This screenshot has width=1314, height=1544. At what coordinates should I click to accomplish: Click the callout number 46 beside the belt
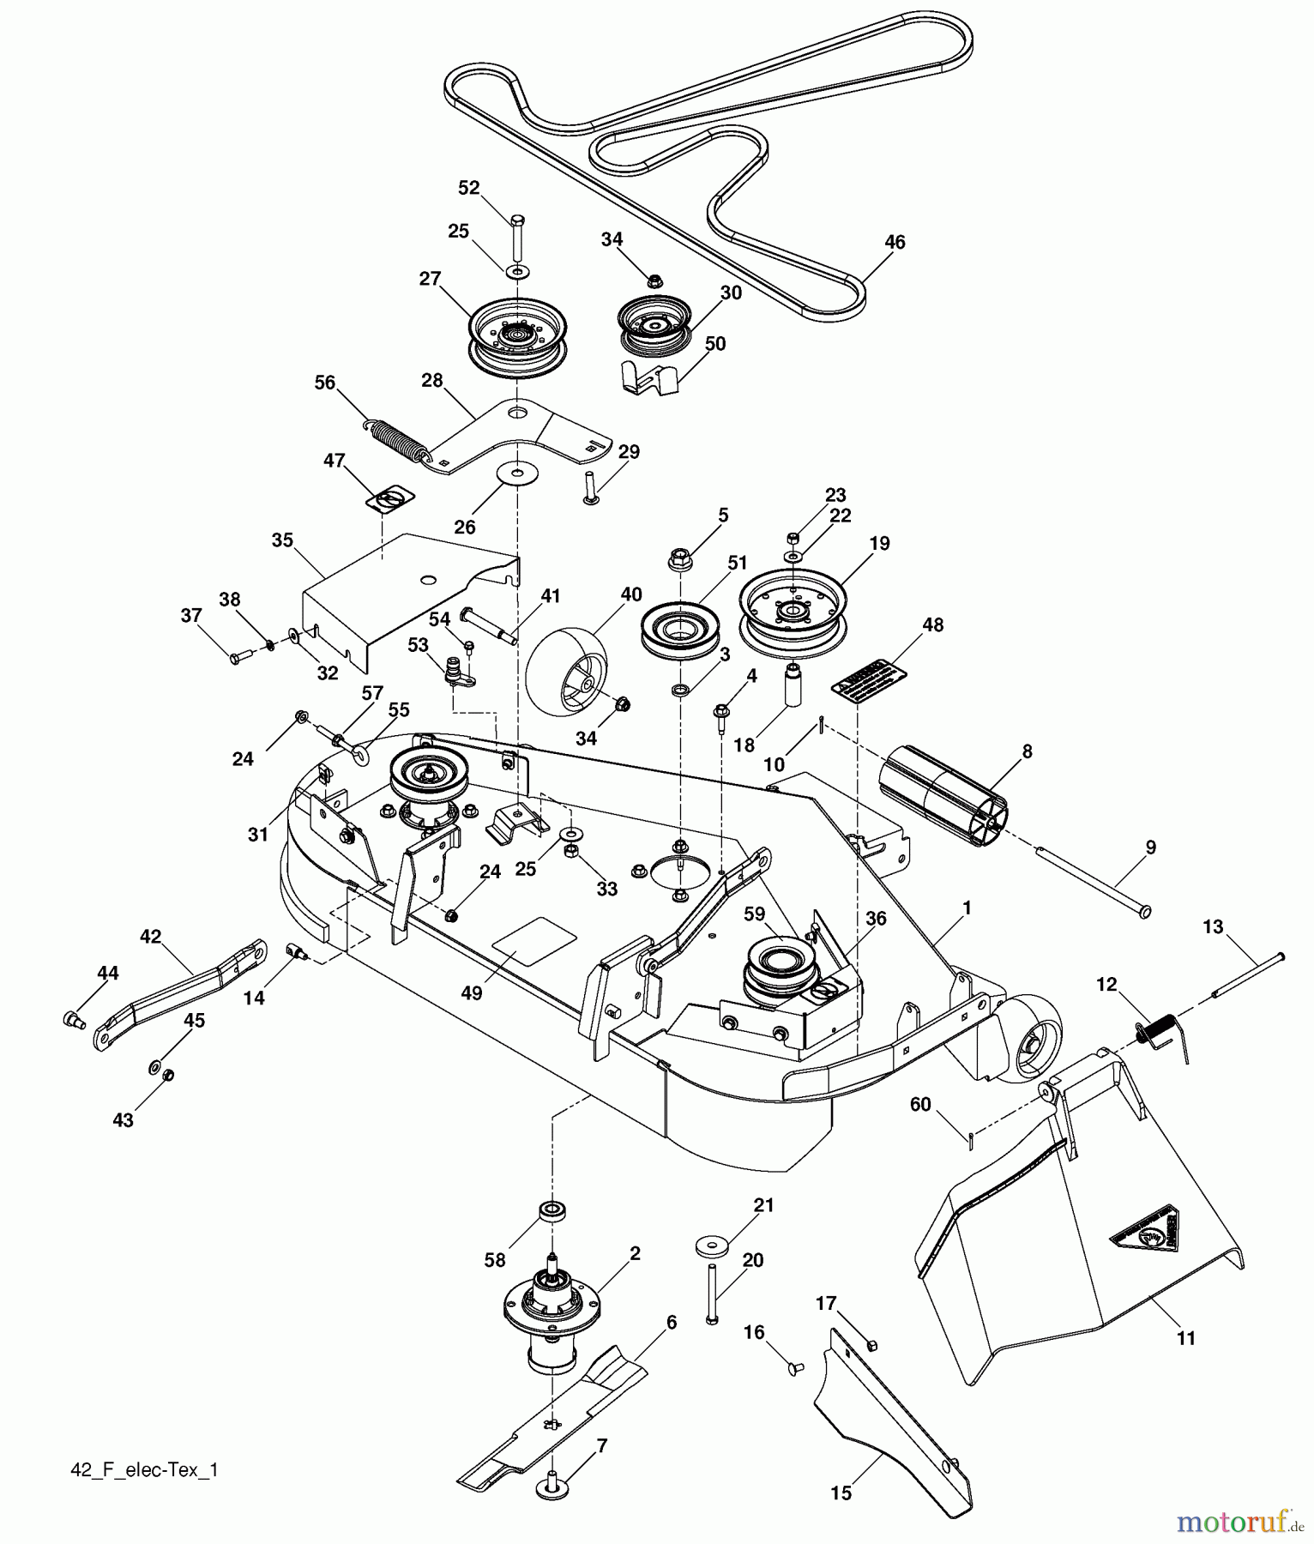pyautogui.click(x=895, y=243)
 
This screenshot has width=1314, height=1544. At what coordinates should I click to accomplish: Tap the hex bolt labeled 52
pyautogui.click(x=517, y=235)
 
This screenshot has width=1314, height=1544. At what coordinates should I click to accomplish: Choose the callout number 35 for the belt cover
pyautogui.click(x=282, y=540)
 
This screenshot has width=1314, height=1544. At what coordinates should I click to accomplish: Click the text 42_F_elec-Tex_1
pyautogui.click(x=144, y=1469)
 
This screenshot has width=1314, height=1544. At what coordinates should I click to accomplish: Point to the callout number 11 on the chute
pyautogui.click(x=1185, y=1337)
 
